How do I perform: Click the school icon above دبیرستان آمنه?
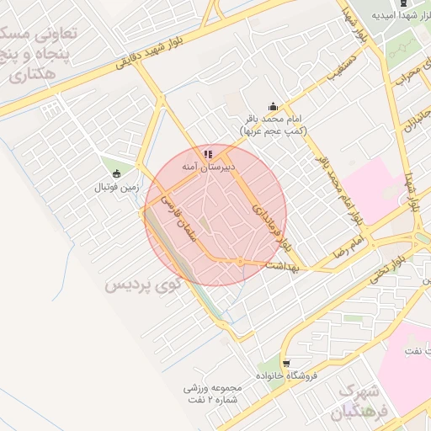(x=208, y=154)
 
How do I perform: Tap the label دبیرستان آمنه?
(x=208, y=167)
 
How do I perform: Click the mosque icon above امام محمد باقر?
(x=273, y=107)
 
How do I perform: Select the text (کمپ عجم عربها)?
(x=274, y=131)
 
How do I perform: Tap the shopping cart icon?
(x=286, y=364)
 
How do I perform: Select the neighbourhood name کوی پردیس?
(x=143, y=285)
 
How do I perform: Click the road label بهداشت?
(x=281, y=265)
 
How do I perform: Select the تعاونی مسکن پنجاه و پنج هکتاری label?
(x=46, y=54)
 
